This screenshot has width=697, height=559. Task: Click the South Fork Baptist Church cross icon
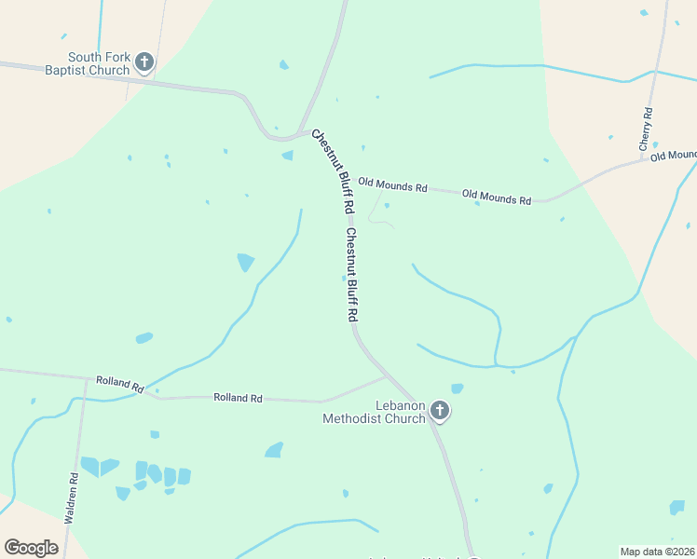pos(143,62)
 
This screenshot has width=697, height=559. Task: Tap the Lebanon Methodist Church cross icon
pos(439,411)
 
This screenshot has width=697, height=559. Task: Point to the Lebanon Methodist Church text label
pos(374,412)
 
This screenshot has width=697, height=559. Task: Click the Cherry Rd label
pos(645,130)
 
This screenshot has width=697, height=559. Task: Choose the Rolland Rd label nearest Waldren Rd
pos(119,385)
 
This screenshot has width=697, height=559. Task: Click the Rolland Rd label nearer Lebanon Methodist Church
pos(238,398)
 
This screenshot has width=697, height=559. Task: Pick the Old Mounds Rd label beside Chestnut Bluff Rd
pos(392,186)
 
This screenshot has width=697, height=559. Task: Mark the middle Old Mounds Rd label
pos(496,198)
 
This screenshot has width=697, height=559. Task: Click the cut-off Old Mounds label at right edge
pos(673,155)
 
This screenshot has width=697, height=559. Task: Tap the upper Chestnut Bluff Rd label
pos(333,169)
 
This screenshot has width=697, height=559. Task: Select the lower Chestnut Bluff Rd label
pos(351,275)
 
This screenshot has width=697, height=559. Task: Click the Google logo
pos(31,547)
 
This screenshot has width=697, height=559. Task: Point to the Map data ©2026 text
pos(658,552)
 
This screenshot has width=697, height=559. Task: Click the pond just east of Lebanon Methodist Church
pos(457,389)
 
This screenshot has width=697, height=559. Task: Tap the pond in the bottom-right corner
pos(676,507)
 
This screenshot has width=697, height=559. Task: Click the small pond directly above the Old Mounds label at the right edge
pos(655,144)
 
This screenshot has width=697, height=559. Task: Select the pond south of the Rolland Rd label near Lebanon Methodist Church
pos(274,450)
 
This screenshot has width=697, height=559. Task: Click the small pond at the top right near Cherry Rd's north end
pos(644,13)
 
